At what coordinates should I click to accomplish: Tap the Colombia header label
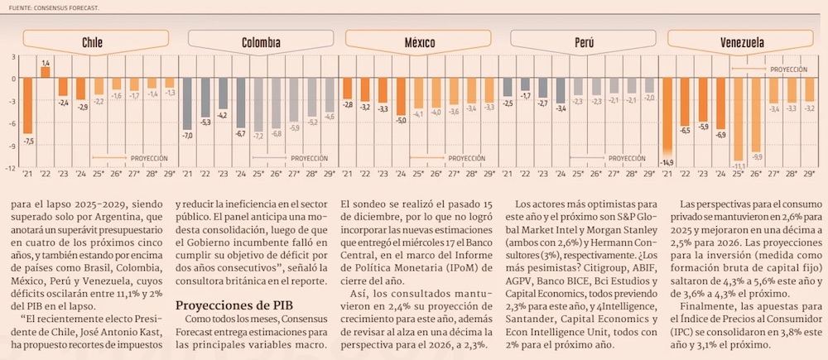(260, 41)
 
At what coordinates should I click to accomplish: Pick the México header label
(420, 41)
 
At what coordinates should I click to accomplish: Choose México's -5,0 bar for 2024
(401, 97)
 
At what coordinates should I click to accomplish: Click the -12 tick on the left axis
(12, 168)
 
